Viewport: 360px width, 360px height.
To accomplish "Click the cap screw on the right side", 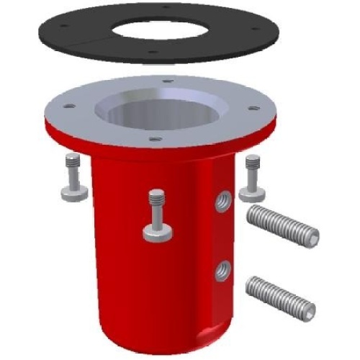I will click(253, 177).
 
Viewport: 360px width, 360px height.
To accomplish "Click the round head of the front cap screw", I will click(158, 232).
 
